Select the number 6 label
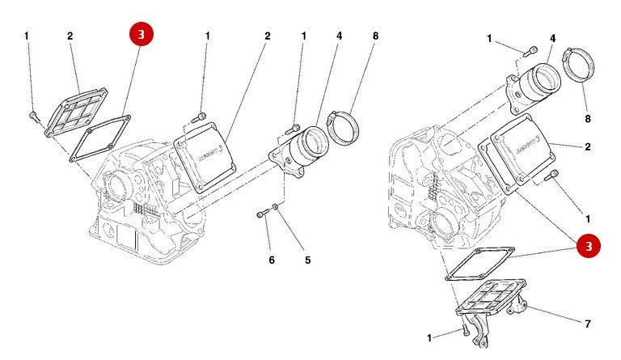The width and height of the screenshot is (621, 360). pyautogui.click(x=272, y=260)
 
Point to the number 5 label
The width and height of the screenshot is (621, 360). pyautogui.click(x=307, y=260)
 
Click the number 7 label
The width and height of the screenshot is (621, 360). pyautogui.click(x=588, y=324)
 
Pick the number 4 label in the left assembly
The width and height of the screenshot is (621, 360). pyautogui.click(x=340, y=36)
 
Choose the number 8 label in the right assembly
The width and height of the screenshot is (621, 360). pyautogui.click(x=588, y=118)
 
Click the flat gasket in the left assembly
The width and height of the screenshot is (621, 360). pyautogui.click(x=99, y=138)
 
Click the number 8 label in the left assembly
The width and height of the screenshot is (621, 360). pyautogui.click(x=375, y=36)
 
